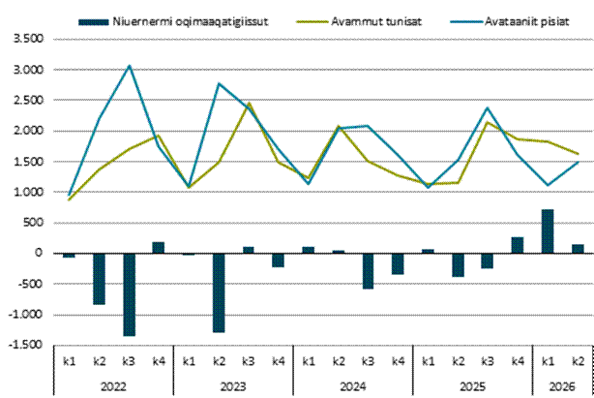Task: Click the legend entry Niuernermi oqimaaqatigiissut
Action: (173, 21)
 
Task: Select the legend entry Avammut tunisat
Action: (359, 21)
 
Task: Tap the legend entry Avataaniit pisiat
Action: (510, 21)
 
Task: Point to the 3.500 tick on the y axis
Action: (29, 39)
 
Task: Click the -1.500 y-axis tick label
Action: (26, 345)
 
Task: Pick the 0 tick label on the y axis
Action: (39, 253)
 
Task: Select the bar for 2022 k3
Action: (130, 294)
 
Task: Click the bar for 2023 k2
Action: (219, 292)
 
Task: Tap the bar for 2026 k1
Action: (548, 231)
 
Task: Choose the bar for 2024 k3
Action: (369, 271)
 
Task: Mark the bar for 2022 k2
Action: (100, 279)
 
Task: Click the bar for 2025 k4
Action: (518, 245)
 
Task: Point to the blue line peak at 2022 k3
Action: (130, 66)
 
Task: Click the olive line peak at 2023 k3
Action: (249, 103)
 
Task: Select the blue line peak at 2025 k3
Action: (488, 107)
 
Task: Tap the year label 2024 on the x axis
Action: (353, 386)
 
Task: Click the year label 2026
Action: (562, 386)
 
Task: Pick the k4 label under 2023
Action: (279, 361)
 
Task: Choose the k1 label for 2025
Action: (428, 361)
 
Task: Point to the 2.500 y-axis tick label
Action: (29, 100)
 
